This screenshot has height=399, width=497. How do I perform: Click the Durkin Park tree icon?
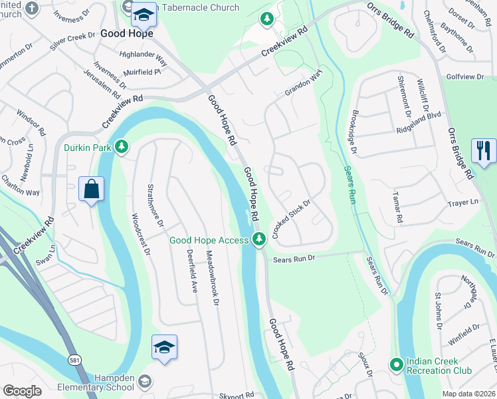click(x=121, y=146)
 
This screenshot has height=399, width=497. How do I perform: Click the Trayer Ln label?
click(x=462, y=202)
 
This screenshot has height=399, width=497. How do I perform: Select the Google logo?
click(x=22, y=392)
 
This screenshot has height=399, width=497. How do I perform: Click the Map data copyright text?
click(x=468, y=393)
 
